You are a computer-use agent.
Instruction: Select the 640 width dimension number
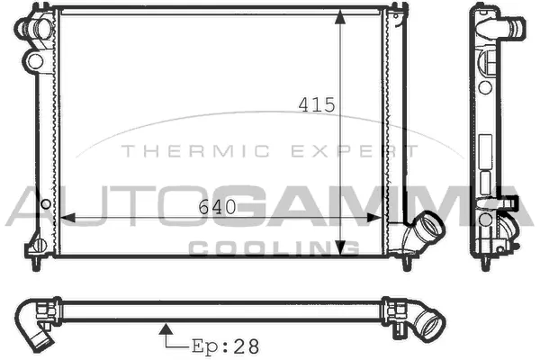pyautogui.click(x=217, y=207)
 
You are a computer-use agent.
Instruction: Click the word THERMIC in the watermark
pyautogui.click(x=167, y=151)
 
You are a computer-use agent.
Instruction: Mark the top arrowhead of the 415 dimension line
pyautogui.click(x=339, y=17)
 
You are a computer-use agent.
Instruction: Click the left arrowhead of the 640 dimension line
pyautogui.click(x=64, y=217)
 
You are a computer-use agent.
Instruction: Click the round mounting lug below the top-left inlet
pyautogui.click(x=35, y=61)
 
